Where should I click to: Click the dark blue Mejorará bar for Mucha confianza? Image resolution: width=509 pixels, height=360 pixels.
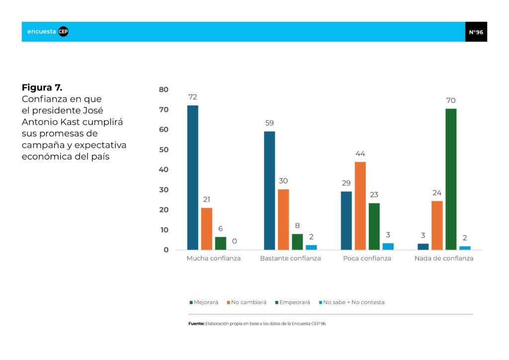(192, 178)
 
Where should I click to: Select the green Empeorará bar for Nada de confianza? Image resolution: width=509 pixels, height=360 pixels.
(451, 179)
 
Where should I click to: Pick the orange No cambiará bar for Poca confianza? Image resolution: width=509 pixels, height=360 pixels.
(360, 206)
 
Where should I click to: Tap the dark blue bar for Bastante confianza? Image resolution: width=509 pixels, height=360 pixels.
(269, 190)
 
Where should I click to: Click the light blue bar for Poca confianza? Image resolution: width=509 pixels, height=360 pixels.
(388, 247)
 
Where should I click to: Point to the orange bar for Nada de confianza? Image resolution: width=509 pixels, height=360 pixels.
(437, 225)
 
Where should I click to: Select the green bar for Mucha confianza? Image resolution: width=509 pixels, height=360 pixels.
(221, 244)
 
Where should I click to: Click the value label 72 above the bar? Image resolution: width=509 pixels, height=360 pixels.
(192, 97)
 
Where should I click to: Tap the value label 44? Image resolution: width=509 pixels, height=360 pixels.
(360, 154)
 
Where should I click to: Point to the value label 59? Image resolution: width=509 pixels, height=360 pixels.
(269, 123)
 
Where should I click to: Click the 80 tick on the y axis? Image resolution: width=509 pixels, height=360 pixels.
(164, 90)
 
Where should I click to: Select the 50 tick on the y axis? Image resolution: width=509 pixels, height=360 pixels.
(164, 150)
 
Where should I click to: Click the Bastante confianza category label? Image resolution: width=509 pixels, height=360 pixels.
(290, 259)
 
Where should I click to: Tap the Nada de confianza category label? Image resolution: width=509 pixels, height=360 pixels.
(444, 259)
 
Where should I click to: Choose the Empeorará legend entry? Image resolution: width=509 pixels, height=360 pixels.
(293, 302)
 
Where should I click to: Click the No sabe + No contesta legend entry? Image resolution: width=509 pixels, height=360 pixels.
(352, 302)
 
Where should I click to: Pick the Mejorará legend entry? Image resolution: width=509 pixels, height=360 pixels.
(204, 302)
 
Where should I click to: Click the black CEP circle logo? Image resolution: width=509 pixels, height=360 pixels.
(63, 31)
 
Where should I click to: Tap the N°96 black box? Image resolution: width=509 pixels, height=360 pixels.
(476, 32)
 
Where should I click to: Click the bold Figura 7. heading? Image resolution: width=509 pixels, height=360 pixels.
(42, 88)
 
